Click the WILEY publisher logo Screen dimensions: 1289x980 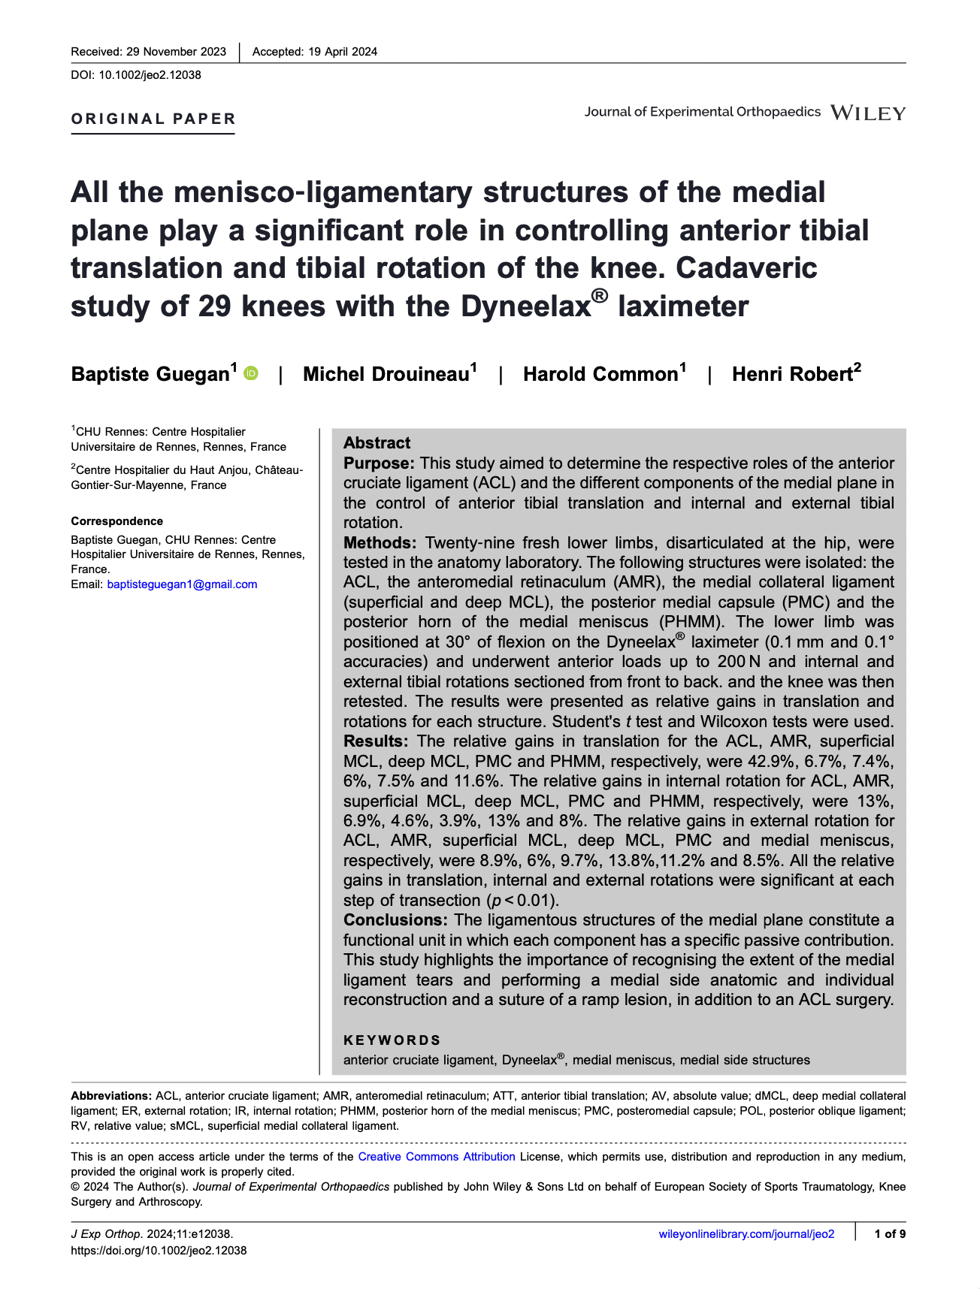(868, 113)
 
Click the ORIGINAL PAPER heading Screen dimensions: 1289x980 (153, 119)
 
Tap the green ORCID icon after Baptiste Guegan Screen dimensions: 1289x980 (251, 373)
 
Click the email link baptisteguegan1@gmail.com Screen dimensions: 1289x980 (182, 584)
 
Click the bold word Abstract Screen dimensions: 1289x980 (377, 443)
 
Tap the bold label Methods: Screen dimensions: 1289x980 (380, 542)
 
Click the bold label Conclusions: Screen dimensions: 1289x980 (396, 920)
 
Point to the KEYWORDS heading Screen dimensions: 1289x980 (392, 1040)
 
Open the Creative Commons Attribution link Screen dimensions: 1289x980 (437, 1157)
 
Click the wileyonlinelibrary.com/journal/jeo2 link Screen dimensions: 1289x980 (746, 1234)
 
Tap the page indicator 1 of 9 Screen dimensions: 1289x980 (890, 1234)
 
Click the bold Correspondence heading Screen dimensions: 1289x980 (116, 521)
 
